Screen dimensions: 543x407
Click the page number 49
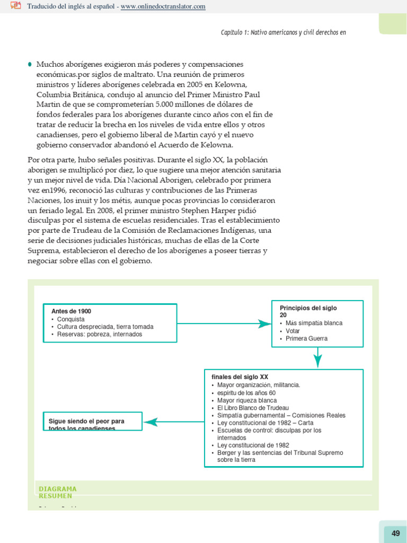pyautogui.click(x=395, y=533)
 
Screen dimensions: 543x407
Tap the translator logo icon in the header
pyautogui.click(x=15, y=6)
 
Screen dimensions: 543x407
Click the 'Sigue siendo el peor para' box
pyautogui.click(x=92, y=423)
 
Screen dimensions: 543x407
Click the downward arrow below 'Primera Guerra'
pyautogui.click(x=317, y=358)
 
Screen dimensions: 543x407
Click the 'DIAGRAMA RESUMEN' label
pyautogui.click(x=58, y=492)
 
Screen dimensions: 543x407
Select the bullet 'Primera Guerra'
pyautogui.click(x=306, y=338)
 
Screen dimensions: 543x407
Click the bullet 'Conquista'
pyautogui.click(x=70, y=320)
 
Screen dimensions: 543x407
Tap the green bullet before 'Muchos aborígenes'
pyautogui.click(x=30, y=64)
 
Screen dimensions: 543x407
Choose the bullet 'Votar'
pyautogui.click(x=293, y=331)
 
